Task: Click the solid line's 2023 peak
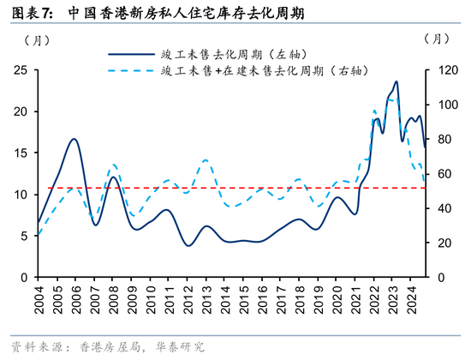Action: click(x=396, y=82)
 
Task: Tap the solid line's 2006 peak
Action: click(x=75, y=139)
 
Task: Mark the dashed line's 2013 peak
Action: click(x=206, y=160)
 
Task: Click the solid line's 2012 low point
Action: click(x=188, y=246)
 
